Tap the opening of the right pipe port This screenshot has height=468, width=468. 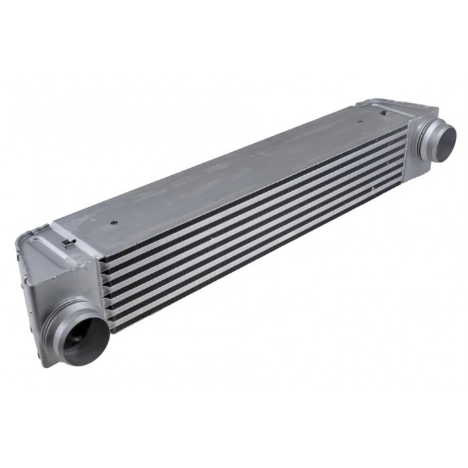(x=445, y=138)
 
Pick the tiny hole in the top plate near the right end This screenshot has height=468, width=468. (x=361, y=123)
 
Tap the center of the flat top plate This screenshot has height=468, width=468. (x=227, y=167)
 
